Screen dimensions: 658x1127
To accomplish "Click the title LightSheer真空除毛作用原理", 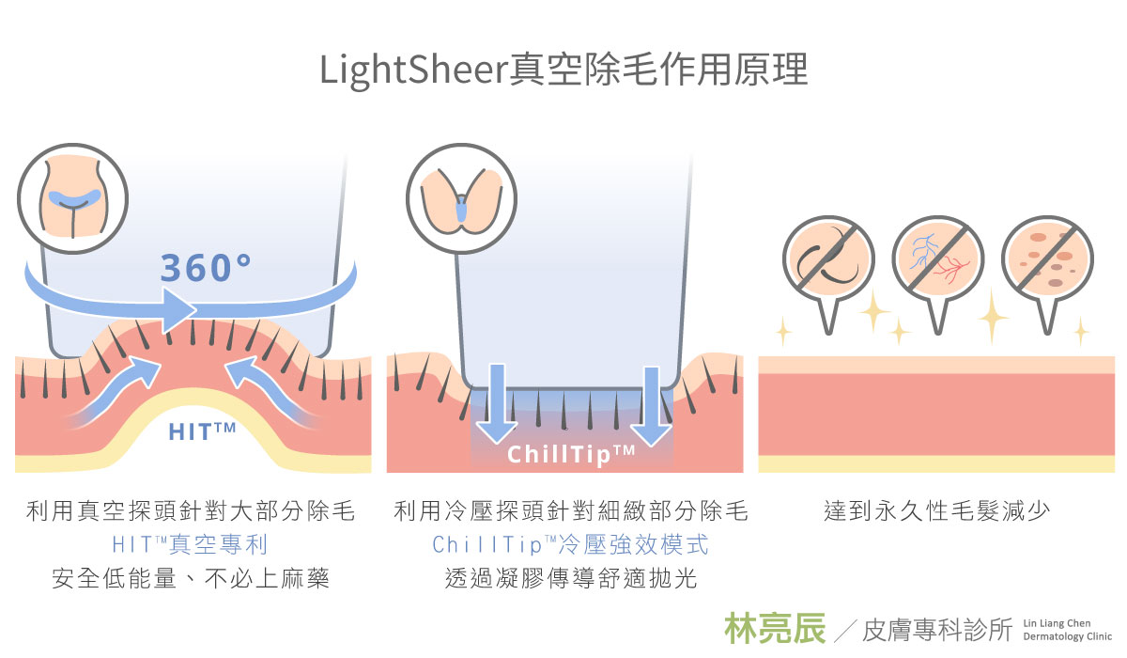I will (x=563, y=70).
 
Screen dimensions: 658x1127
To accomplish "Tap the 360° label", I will (x=206, y=268).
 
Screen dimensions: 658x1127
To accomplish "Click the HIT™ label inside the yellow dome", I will (x=202, y=431).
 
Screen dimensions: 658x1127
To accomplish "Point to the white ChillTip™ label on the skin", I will (x=572, y=455).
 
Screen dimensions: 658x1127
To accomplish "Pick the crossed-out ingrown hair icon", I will (x=828, y=261).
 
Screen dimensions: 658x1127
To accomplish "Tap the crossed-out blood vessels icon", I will (x=937, y=261).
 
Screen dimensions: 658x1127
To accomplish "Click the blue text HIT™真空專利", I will (x=191, y=545).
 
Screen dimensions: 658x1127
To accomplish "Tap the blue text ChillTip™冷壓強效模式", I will (x=571, y=545).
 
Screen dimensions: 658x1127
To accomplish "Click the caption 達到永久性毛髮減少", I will (x=936, y=511).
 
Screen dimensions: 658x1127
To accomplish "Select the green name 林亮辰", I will (x=775, y=628).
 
